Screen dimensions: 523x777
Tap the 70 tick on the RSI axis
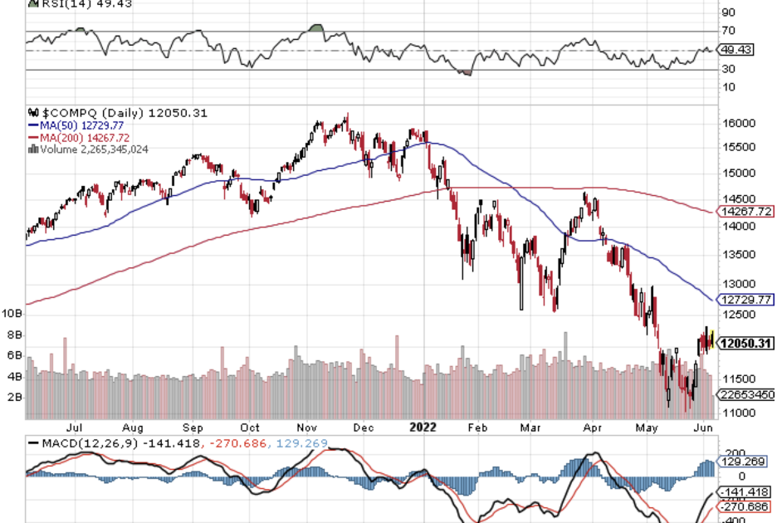pyautogui.click(x=728, y=32)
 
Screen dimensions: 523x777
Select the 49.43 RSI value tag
pyautogui.click(x=736, y=50)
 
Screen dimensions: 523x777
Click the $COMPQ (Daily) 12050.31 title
pyautogui.click(x=117, y=113)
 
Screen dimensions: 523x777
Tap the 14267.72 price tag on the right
pyautogui.click(x=745, y=211)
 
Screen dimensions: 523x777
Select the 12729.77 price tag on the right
pyautogui.click(x=745, y=299)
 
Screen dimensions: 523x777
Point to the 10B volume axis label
pyautogui.click(x=12, y=314)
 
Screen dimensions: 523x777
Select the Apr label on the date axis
pyautogui.click(x=591, y=428)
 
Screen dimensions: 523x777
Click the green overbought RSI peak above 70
pyautogui.click(x=315, y=28)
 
